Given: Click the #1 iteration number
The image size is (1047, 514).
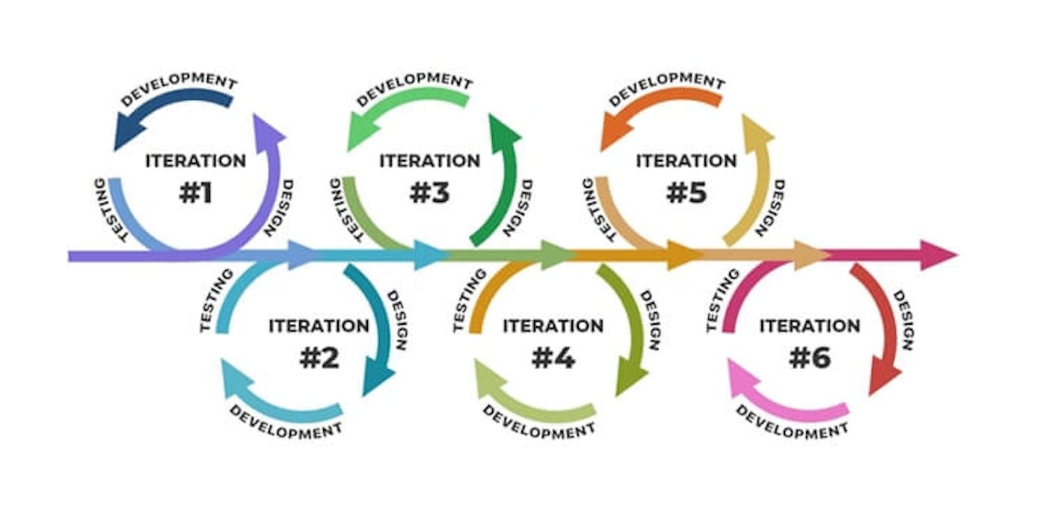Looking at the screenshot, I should pyautogui.click(x=195, y=193).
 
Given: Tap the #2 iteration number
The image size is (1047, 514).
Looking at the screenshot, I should pyautogui.click(x=319, y=358).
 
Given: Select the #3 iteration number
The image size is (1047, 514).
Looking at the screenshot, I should pyautogui.click(x=429, y=193).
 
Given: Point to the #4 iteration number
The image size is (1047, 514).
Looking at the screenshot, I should pyautogui.click(x=553, y=358).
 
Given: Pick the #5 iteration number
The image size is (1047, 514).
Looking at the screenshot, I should pyautogui.click(x=686, y=193).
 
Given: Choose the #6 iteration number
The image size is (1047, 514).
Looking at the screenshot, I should pyautogui.click(x=810, y=358).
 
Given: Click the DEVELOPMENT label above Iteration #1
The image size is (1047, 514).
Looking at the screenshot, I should pyautogui.click(x=179, y=88).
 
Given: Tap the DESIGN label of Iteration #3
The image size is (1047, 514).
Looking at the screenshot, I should pyautogui.click(x=522, y=207).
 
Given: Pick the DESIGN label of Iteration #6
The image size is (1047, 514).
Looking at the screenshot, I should pyautogui.click(x=903, y=320).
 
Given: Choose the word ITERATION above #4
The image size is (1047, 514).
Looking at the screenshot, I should pyautogui.click(x=553, y=326).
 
